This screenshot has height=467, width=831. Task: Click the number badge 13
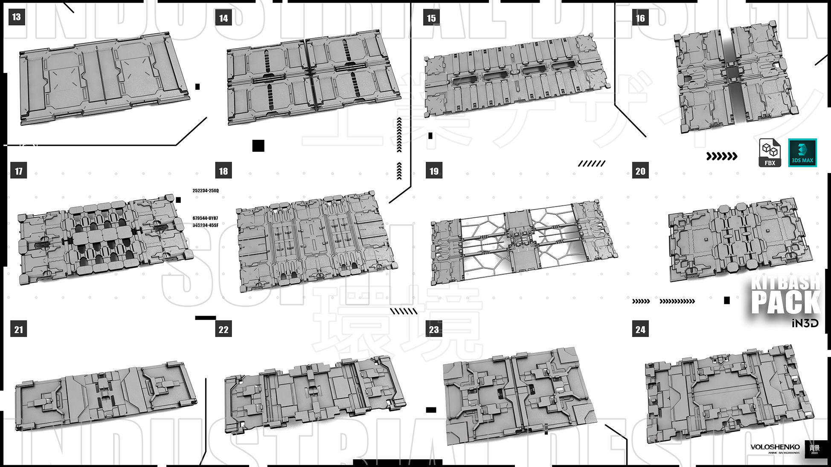pyautogui.click(x=17, y=17)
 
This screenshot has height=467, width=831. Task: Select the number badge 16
pyautogui.click(x=640, y=18)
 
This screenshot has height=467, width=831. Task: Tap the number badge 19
pyautogui.click(x=434, y=171)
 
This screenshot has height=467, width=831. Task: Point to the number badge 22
pyautogui.click(x=224, y=329)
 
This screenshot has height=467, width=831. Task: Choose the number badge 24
pyautogui.click(x=640, y=329)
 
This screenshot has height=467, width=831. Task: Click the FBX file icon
pyautogui.click(x=770, y=153)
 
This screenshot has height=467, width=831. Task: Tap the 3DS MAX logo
pyautogui.click(x=802, y=153)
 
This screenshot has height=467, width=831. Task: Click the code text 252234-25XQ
pyautogui.click(x=206, y=190)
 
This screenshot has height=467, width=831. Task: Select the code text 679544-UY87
pyautogui.click(x=206, y=218)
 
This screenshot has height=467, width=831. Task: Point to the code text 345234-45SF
pyautogui.click(x=206, y=225)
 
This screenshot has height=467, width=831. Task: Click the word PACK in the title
pyautogui.click(x=786, y=303)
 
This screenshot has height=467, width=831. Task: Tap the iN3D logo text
pyautogui.click(x=805, y=323)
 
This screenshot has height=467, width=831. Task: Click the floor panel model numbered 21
pyautogui.click(x=106, y=394)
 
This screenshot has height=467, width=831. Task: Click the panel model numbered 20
pyautogui.click(x=740, y=239)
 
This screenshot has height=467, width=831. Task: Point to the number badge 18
pyautogui.click(x=224, y=171)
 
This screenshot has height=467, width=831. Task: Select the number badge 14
pyautogui.click(x=224, y=18)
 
